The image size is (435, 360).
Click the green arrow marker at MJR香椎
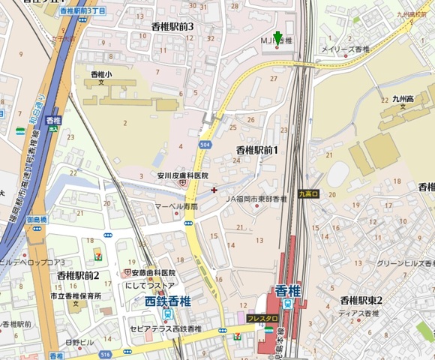[278, 37]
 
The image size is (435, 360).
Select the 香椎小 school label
[100, 75]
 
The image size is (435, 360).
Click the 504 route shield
[205, 142]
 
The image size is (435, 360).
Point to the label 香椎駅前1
[256, 150]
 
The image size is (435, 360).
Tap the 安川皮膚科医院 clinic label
[182, 176]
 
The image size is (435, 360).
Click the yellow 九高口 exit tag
[308, 193]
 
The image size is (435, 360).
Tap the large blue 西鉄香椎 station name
[168, 302]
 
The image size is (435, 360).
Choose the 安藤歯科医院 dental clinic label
[153, 273]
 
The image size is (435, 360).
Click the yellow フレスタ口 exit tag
[262, 319]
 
